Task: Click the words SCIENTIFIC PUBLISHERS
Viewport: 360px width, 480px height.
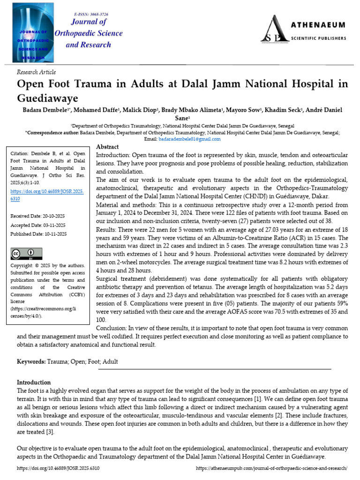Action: click(318, 37)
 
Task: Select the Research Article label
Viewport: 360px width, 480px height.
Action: click(36, 72)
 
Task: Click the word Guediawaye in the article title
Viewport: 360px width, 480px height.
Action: click(47, 99)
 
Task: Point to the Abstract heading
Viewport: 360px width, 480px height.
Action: click(107, 147)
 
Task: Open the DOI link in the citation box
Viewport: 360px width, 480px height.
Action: click(46, 195)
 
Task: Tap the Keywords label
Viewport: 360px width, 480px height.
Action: click(31, 362)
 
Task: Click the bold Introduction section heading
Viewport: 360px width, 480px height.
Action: click(34, 382)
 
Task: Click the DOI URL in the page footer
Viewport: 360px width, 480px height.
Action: click(58, 468)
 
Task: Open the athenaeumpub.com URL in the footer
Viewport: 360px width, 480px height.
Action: click(271, 468)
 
